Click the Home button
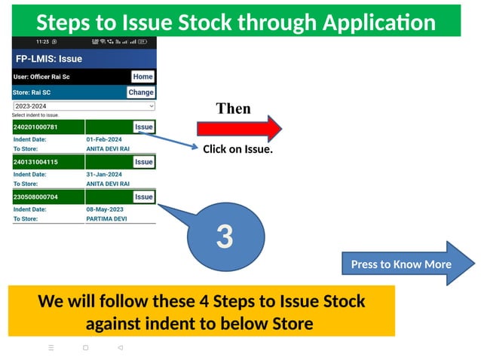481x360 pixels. point(142,76)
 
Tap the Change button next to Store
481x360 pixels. point(140,92)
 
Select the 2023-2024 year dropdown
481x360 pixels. point(84,106)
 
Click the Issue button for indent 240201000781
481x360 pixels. point(143,127)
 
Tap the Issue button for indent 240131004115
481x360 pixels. point(143,162)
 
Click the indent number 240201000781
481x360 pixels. point(35,127)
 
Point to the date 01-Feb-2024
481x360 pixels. point(104,139)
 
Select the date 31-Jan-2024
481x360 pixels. point(104,174)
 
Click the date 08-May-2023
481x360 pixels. point(105,209)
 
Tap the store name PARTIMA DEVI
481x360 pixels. point(106,218)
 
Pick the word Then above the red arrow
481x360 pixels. point(233,108)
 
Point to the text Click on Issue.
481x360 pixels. point(237,149)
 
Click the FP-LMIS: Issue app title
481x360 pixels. point(49,58)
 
